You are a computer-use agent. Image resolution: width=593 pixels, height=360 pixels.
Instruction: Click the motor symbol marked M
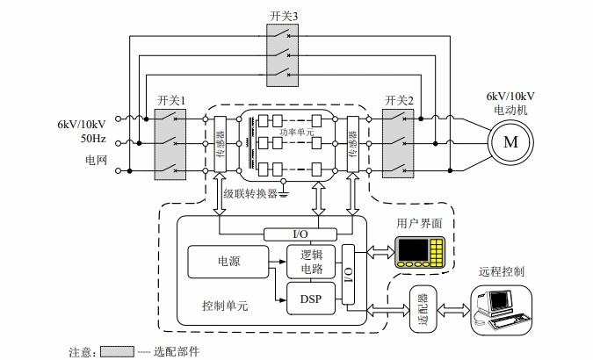(x=510, y=141)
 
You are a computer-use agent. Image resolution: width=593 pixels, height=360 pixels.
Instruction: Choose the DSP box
(x=305, y=299)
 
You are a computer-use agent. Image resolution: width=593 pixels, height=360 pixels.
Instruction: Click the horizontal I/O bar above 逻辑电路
(x=300, y=234)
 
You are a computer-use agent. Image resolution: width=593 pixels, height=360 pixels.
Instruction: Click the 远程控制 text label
(x=502, y=271)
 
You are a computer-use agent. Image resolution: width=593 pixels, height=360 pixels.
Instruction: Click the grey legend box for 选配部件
(x=117, y=351)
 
